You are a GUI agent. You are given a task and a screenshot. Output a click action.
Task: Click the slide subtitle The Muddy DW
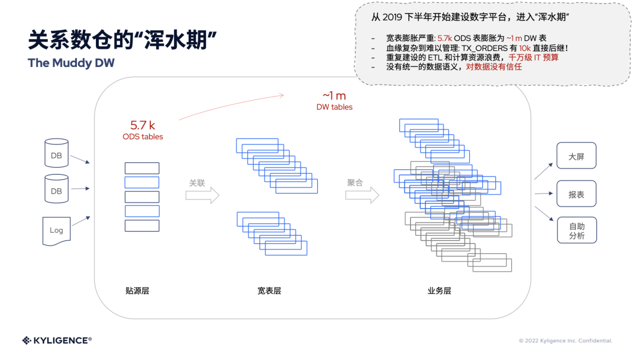pos(71,63)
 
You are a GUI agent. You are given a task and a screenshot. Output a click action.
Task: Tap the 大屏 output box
pos(576,157)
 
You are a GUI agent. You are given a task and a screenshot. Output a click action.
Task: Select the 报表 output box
pos(576,194)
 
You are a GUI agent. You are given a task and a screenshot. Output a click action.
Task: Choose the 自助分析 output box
pos(576,230)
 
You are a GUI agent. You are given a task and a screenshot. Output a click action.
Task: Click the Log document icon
pos(56,230)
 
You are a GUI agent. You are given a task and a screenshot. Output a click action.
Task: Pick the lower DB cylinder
pos(56,190)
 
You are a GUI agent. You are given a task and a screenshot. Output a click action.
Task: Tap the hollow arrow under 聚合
pos(362,194)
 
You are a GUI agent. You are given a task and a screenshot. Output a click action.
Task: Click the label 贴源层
pos(137,291)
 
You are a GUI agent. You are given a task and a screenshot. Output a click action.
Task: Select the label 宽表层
pos(269,291)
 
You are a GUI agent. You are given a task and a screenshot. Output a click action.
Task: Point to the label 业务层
pos(439,291)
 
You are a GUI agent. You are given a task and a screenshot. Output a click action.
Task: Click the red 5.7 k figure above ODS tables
pos(143,126)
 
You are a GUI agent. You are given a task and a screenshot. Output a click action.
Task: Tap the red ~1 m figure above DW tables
pos(334,96)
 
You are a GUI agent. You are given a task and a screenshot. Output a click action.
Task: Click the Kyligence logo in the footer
pos(57,340)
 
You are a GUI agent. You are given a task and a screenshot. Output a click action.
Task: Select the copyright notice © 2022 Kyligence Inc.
pos(565,341)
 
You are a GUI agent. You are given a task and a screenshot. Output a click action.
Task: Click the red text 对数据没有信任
pos(493,67)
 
